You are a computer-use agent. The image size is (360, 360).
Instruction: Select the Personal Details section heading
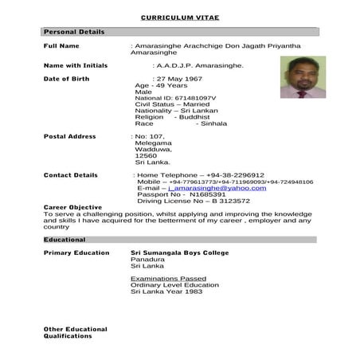click(73, 32)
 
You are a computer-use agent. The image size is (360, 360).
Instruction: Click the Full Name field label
click(61, 46)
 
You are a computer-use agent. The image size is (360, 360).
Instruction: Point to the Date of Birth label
click(67, 79)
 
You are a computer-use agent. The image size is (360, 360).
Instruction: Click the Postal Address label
click(69, 137)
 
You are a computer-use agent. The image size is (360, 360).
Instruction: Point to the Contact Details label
click(70, 175)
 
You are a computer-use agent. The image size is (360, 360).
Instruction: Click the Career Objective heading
click(72, 208)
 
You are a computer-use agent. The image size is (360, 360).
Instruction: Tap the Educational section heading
click(65, 239)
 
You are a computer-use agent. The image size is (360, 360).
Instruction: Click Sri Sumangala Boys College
click(179, 252)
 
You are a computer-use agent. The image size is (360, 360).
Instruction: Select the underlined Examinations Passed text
click(168, 279)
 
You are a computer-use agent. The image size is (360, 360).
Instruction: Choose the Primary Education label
click(76, 252)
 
